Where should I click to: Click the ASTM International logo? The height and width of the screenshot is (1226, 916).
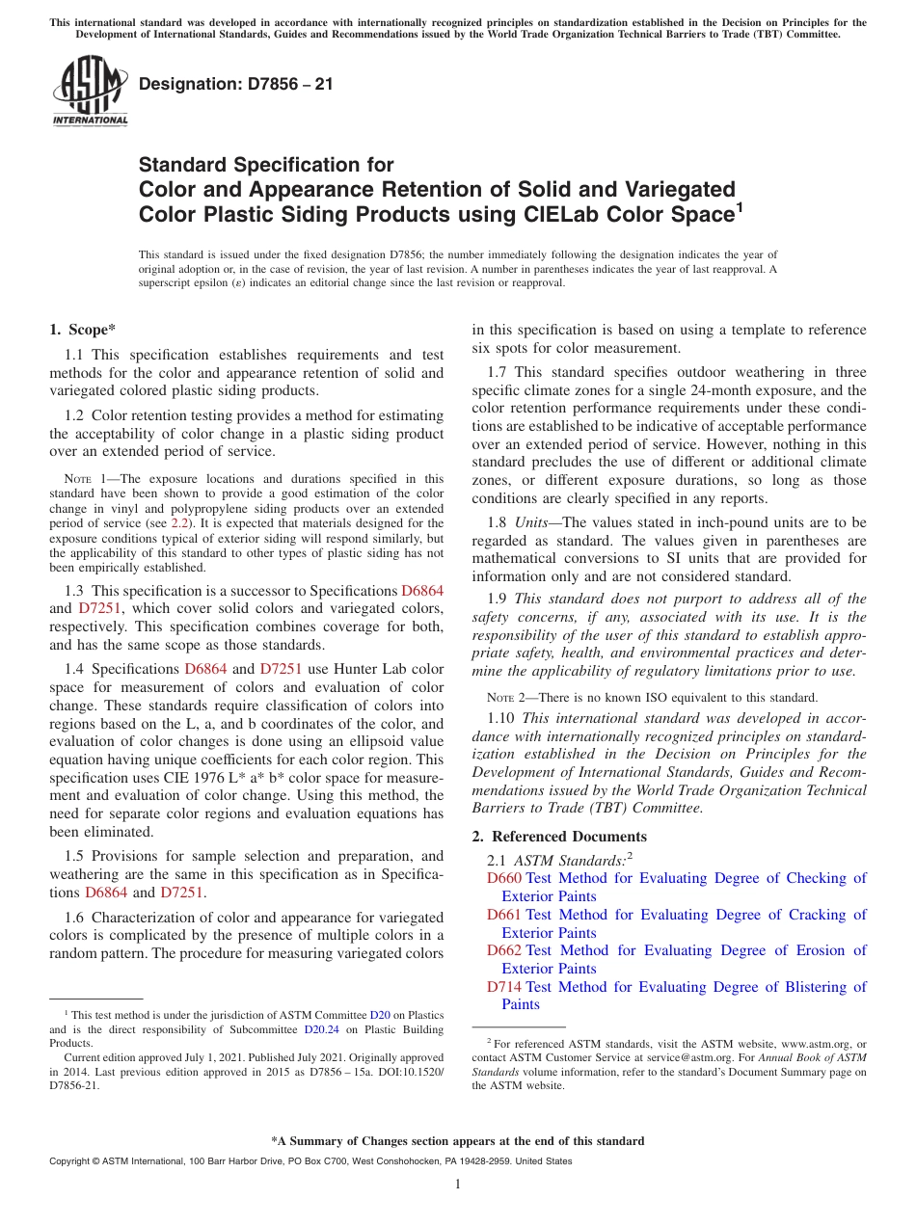pos(90,92)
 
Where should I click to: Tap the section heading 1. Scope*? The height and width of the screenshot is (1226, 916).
pos(82,330)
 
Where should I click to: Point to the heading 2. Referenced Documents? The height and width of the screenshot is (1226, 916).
pos(559,837)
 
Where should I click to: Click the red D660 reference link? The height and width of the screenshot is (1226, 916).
pos(503,878)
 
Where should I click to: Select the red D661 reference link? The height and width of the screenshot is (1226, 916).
pos(503,915)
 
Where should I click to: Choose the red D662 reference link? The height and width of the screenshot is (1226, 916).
pos(503,950)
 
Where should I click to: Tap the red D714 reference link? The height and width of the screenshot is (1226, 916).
pos(503,987)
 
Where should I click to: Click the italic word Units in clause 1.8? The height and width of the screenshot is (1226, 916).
pos(531,523)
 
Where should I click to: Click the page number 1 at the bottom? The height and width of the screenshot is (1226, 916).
pos(458,1185)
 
